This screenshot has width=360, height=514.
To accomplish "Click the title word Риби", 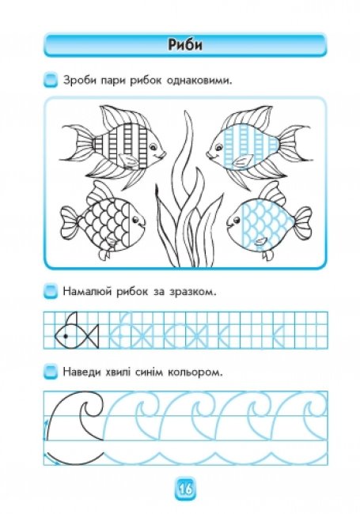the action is click(x=185, y=45).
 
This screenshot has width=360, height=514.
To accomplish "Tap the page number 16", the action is click(x=185, y=489).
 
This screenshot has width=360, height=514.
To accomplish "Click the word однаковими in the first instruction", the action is click(x=199, y=81).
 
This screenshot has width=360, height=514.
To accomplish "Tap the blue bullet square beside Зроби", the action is click(x=51, y=81).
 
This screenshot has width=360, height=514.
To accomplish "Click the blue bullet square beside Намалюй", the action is click(x=51, y=291).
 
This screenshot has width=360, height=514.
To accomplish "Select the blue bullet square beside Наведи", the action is click(x=51, y=372).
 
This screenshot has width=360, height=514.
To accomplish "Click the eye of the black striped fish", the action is click(x=153, y=148).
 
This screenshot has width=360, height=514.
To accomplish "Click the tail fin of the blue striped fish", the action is click(x=296, y=143).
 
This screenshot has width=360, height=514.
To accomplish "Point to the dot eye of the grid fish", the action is click(x=66, y=336).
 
